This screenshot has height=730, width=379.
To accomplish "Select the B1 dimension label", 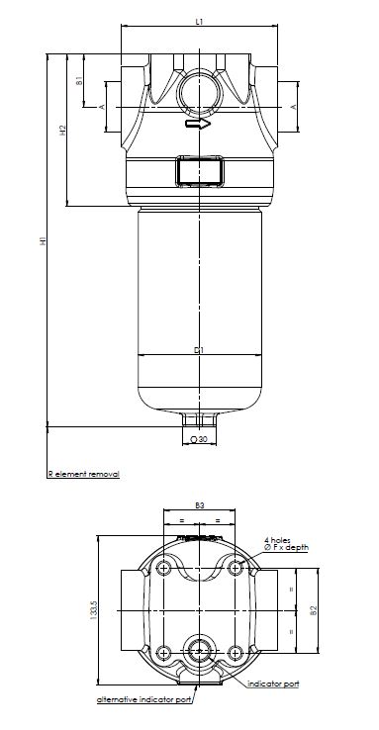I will pos(79,81).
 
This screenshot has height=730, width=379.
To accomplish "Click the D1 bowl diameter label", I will pos(199,350).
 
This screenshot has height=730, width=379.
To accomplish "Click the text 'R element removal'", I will pos(83,475).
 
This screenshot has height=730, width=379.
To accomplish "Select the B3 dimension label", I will pos(199,505).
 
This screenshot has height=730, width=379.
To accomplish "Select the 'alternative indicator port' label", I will pos(143,699).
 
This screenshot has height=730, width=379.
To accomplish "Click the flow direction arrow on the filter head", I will pos(199,126).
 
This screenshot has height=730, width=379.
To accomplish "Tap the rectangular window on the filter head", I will pos(199,169).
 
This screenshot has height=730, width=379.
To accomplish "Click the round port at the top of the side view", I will pos(199,94).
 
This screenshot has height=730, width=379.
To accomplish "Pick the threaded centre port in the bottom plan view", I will pos(199,650).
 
